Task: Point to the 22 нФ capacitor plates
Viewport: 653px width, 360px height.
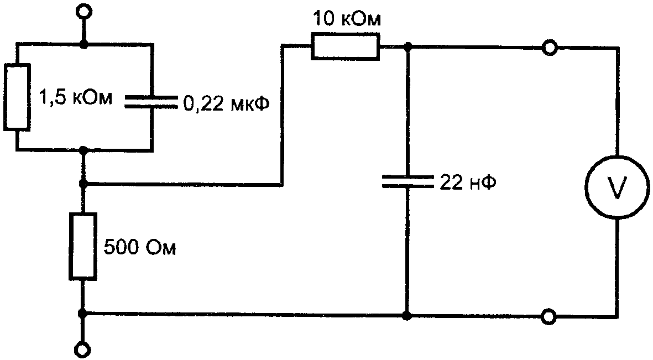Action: pos(408,181)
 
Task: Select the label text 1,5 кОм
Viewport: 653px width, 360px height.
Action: pos(75,99)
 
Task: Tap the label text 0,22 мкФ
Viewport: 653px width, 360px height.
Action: pos(226,104)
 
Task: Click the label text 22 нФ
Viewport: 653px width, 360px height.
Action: pos(468,182)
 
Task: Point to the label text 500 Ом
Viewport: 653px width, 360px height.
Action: pos(139,248)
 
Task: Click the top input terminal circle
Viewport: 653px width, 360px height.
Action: pos(83,11)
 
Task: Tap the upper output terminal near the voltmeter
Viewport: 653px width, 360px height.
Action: pos(550,48)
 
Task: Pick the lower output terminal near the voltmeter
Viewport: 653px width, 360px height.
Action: pos(550,316)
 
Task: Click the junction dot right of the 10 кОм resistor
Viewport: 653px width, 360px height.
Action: pos(408,46)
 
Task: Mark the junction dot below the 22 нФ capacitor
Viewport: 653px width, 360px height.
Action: pos(408,316)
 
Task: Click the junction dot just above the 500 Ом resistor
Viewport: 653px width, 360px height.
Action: pos(83,184)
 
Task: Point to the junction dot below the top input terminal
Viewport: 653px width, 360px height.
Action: pos(83,43)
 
